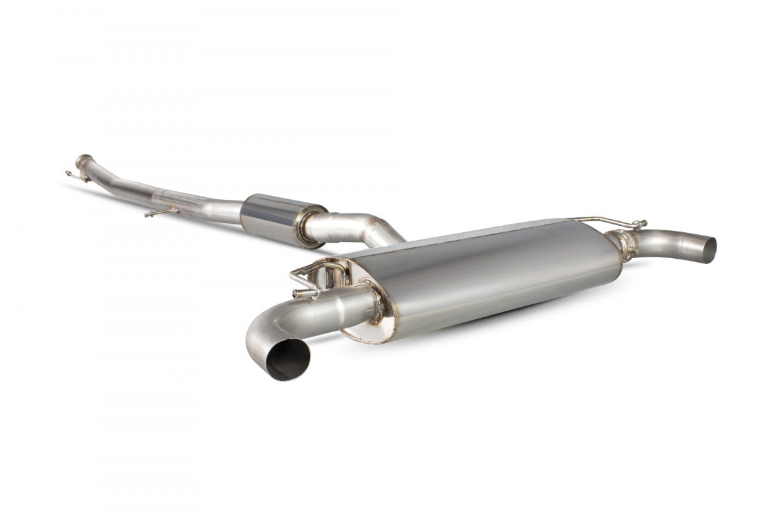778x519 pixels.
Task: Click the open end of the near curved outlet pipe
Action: tap(288, 359)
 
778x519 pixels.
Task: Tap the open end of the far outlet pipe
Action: tap(710, 250)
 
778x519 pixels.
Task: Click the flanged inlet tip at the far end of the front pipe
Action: tap(82, 160)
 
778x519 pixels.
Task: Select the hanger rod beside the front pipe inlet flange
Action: tap(77, 175)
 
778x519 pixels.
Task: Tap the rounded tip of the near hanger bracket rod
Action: tap(295, 294)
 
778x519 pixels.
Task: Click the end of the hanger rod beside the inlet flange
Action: tap(67, 173)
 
